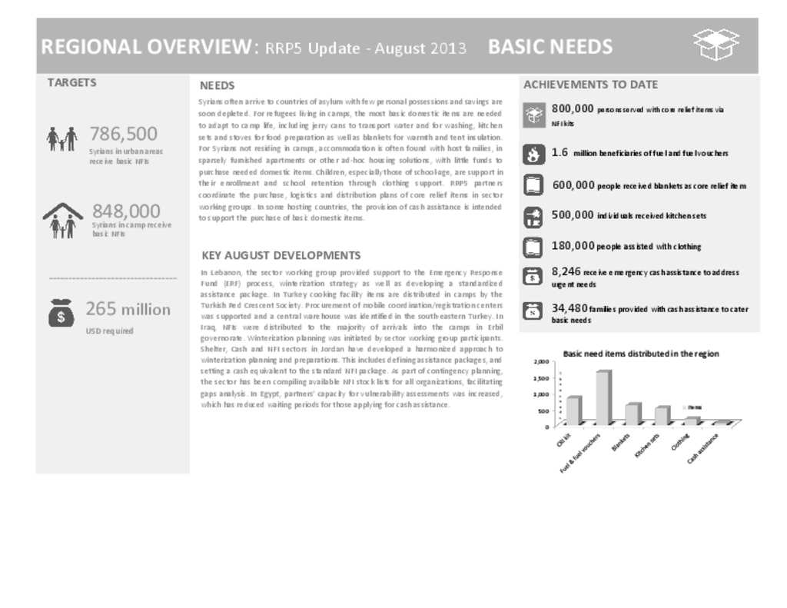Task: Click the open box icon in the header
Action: coord(716,45)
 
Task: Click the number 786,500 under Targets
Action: coord(123,134)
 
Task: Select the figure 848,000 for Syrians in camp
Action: coord(126,211)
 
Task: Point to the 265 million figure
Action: coord(128,309)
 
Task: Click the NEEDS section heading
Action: coord(217,85)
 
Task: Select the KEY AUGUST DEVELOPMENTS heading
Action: coord(281,255)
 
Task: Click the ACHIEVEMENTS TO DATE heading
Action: coord(590,85)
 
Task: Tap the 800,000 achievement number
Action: coord(573,109)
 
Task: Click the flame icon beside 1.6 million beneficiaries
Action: coord(533,154)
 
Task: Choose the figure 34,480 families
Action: coord(569,308)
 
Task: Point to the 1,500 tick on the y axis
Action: coord(541,378)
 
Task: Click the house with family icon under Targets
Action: coord(62,220)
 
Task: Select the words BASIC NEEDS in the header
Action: coord(550,47)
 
